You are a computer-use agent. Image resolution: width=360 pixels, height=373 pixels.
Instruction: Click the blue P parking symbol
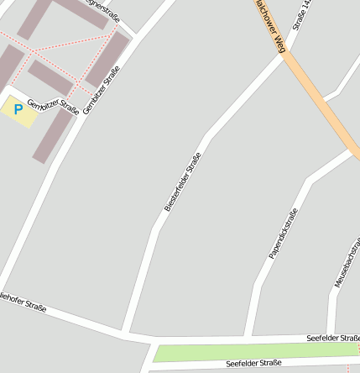[x=18, y=109]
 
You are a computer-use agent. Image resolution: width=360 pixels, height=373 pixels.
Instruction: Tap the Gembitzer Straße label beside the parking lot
[x=53, y=107]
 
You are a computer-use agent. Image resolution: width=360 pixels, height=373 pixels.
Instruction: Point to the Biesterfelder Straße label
[x=183, y=181]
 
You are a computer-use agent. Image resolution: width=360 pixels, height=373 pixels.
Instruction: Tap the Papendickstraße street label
[x=283, y=232]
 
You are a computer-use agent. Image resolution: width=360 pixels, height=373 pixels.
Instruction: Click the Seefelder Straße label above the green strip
[x=332, y=337]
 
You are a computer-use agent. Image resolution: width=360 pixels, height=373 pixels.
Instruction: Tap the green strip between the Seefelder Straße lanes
[x=252, y=351]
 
